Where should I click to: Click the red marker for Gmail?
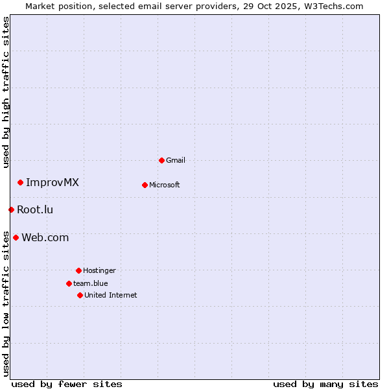pos(161,160)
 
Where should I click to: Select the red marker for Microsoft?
pos(145,185)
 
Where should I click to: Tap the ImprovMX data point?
pos(20,182)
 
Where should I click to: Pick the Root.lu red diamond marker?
pos(11,209)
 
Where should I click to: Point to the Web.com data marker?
pos(16,237)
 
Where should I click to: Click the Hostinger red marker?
pos(78,270)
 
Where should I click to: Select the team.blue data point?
pos(69,283)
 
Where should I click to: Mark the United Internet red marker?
pos(80,295)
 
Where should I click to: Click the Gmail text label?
pos(176,160)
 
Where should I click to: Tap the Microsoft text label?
pos(165,185)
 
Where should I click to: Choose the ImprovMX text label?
pos(53,182)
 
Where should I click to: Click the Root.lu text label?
pos(35,209)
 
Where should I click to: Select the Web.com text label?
pos(45,237)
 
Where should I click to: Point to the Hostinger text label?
pos(99,270)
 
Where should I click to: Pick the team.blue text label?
pos(91,283)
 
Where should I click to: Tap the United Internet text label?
pos(111,295)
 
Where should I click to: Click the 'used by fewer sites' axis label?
pos(67,384)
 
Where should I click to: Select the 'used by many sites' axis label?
pos(325,384)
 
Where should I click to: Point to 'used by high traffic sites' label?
pos(6,92)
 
